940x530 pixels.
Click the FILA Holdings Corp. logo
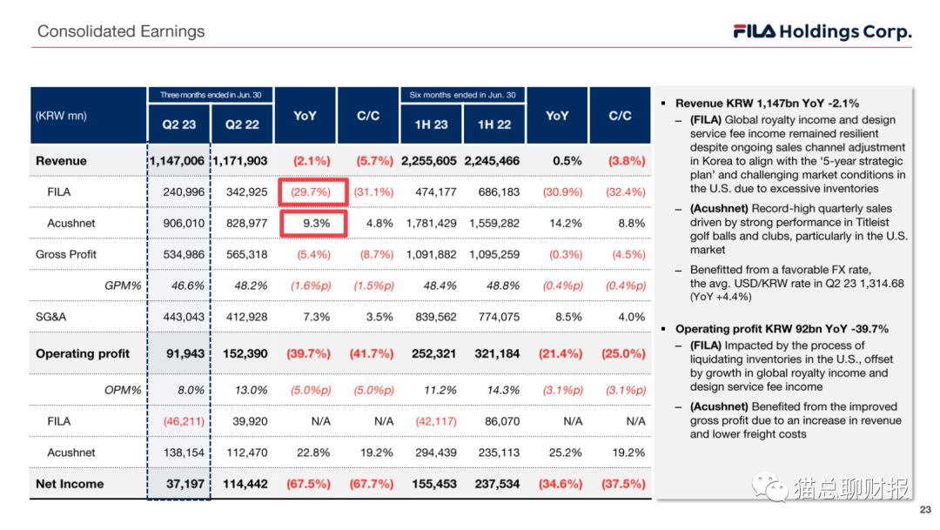(822, 32)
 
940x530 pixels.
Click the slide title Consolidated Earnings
(121, 31)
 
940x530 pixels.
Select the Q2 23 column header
(178, 124)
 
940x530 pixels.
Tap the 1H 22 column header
(493, 124)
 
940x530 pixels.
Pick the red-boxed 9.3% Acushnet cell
(314, 224)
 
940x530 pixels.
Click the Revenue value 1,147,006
(178, 161)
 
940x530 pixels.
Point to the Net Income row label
(70, 484)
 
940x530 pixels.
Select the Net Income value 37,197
(185, 484)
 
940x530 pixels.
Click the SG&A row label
(50, 317)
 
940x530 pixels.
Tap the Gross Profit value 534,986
(184, 255)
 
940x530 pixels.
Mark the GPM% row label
(123, 285)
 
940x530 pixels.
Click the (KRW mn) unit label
(61, 116)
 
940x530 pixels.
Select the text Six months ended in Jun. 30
(462, 95)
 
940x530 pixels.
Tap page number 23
(924, 511)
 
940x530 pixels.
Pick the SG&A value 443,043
(184, 317)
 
